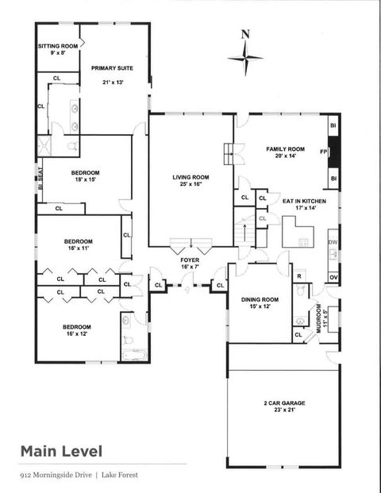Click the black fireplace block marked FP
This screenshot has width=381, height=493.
pos(334,151)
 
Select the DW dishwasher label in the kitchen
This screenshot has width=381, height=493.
pos(333,242)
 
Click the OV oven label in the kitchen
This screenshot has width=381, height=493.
pos(333,277)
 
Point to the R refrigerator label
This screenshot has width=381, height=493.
pos(299,275)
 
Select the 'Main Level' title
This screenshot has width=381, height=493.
pos(61,452)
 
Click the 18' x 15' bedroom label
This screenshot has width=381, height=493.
pos(85,177)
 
